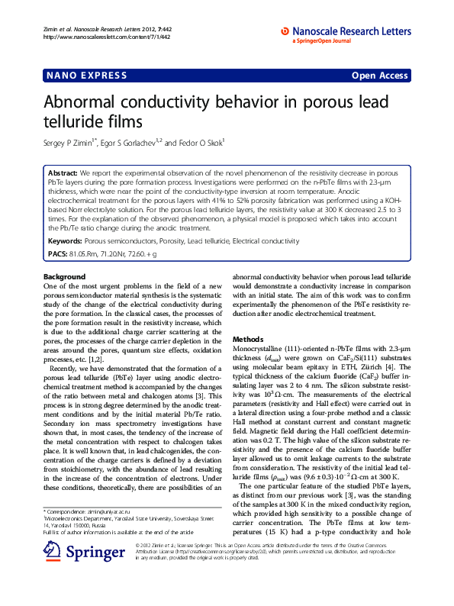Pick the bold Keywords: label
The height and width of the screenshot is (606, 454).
(66, 241)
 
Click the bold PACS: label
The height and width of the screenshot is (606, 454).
(58, 252)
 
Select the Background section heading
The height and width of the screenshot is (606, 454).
(65, 277)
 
